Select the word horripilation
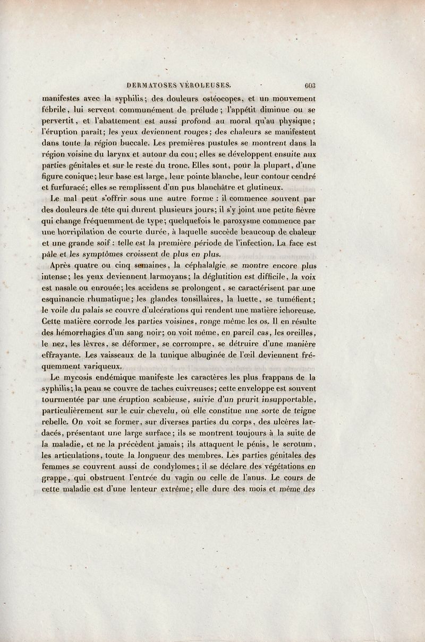coord(82,232)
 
